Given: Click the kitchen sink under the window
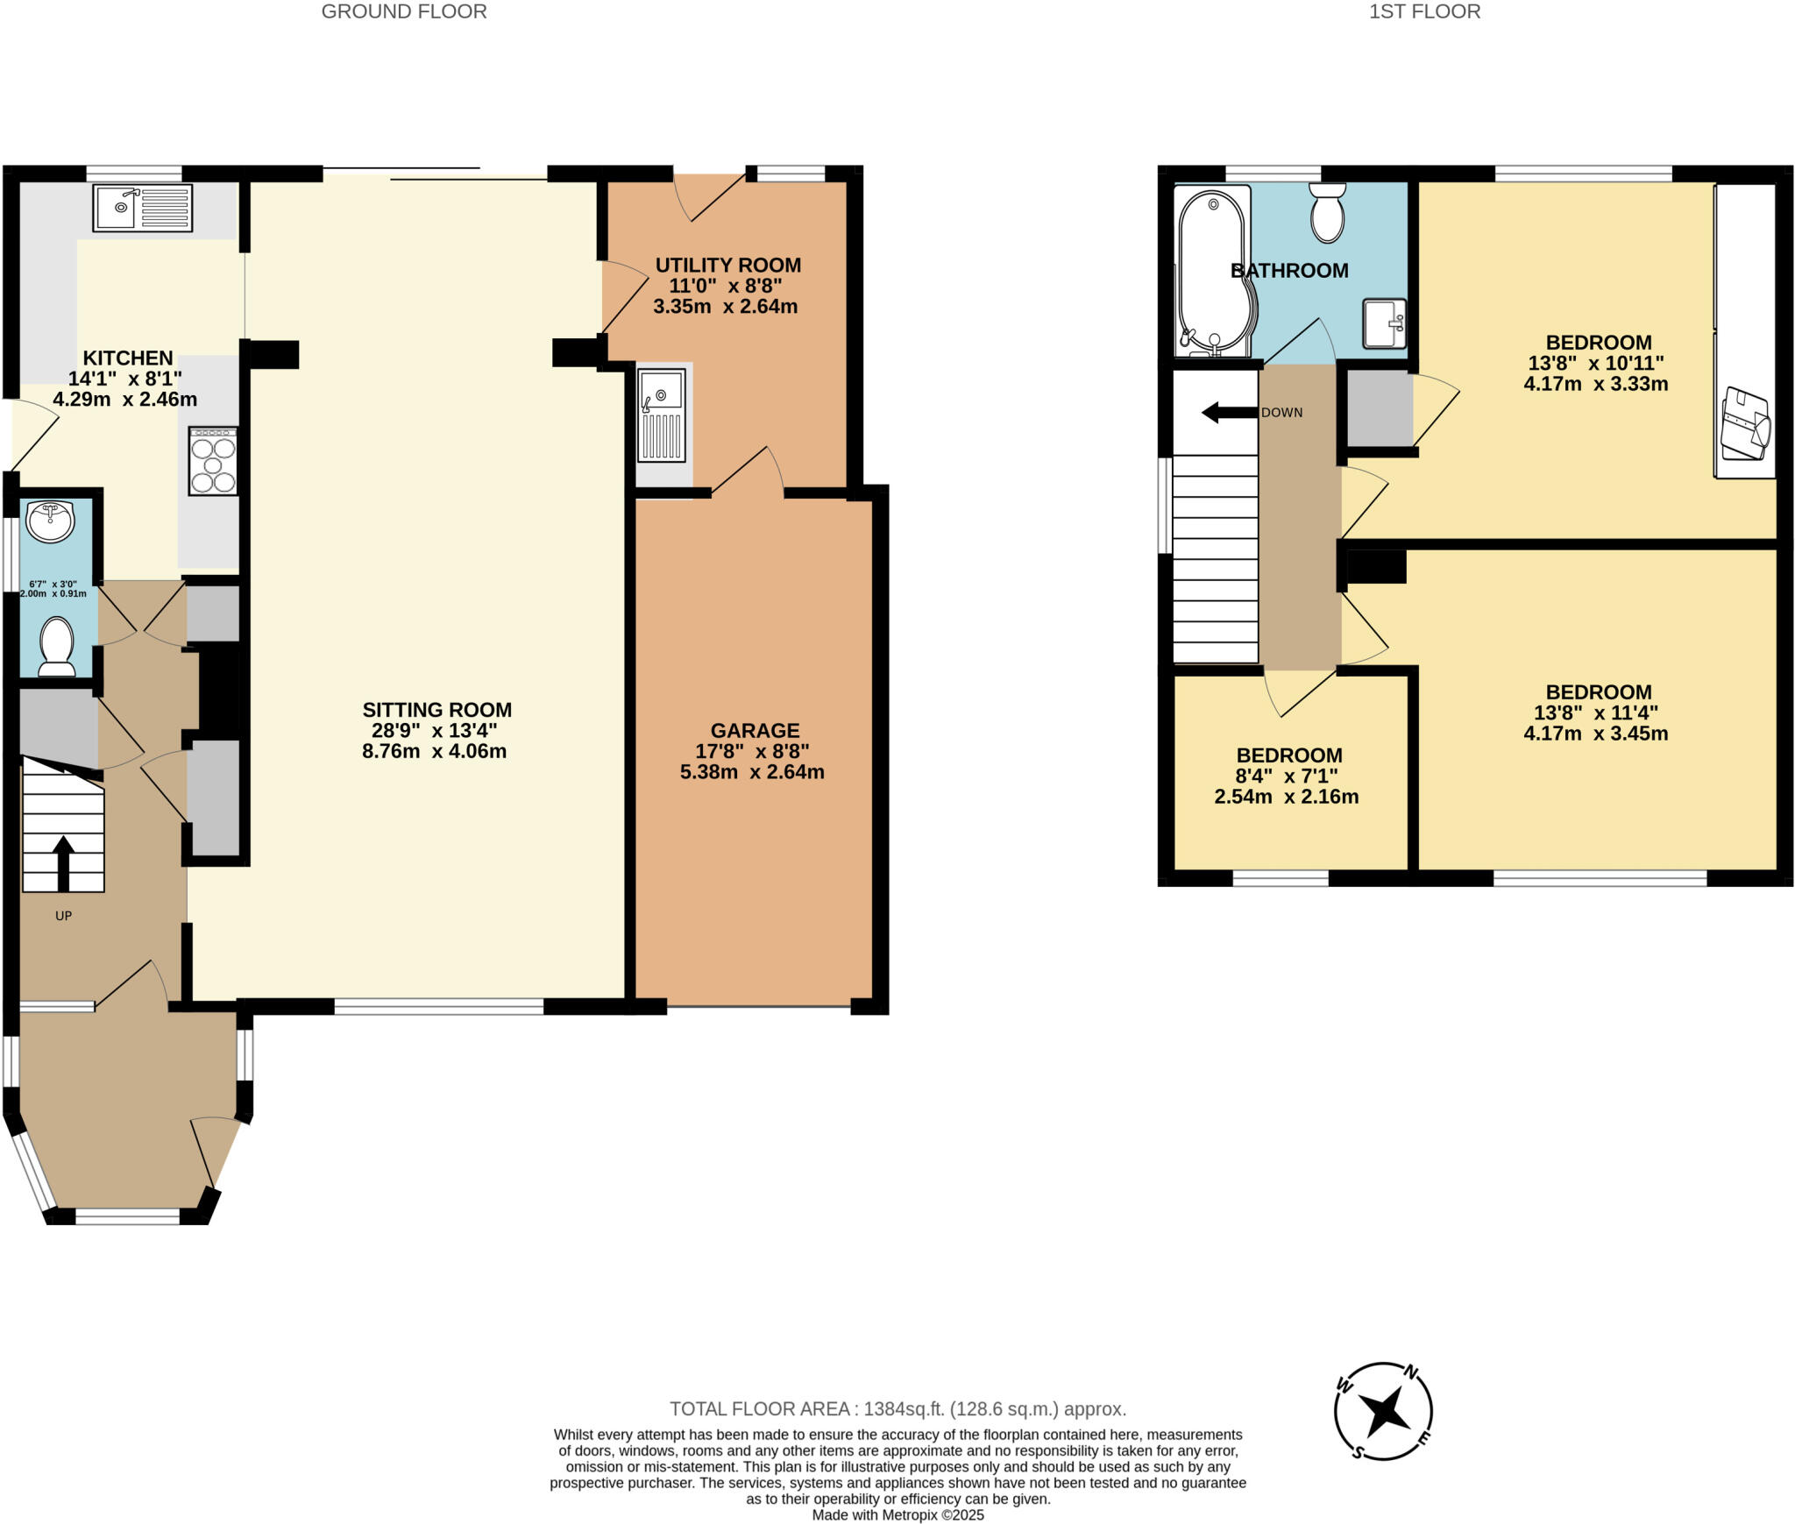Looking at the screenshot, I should click(x=142, y=208).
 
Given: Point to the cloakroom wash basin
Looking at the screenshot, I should click(x=50, y=521).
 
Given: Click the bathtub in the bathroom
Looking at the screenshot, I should click(x=1215, y=272).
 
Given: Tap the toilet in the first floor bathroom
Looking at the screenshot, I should click(x=1328, y=212).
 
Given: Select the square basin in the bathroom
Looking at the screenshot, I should click(x=1385, y=323).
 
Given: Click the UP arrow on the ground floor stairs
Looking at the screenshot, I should click(x=63, y=863).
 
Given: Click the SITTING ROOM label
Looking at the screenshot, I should click(x=436, y=710).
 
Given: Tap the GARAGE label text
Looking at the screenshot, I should click(x=754, y=730).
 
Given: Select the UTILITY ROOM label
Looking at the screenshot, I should click(x=727, y=265).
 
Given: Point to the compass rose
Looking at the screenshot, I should click(x=1383, y=1410).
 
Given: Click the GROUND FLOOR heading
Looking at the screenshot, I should click(x=404, y=11).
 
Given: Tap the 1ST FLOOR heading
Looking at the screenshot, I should click(x=1424, y=11).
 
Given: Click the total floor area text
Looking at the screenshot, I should click(x=897, y=1408).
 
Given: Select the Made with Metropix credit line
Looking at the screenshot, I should click(x=897, y=1514).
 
